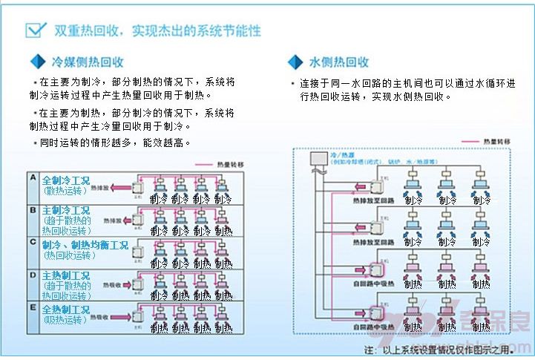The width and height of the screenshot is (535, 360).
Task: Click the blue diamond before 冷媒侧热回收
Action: click(36, 61)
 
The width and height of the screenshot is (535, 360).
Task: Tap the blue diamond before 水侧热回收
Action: click(295, 62)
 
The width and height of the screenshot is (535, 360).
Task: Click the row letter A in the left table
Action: click(32, 178)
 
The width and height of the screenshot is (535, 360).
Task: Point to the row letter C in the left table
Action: click(32, 242)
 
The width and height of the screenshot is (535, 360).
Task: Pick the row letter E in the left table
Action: click(32, 307)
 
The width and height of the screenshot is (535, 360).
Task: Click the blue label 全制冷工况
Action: click(65, 180)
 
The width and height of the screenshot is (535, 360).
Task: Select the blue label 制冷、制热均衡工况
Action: click(85, 245)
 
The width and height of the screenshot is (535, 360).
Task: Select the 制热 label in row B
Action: click(223, 232)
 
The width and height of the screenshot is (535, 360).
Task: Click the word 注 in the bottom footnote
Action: click(369, 350)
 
